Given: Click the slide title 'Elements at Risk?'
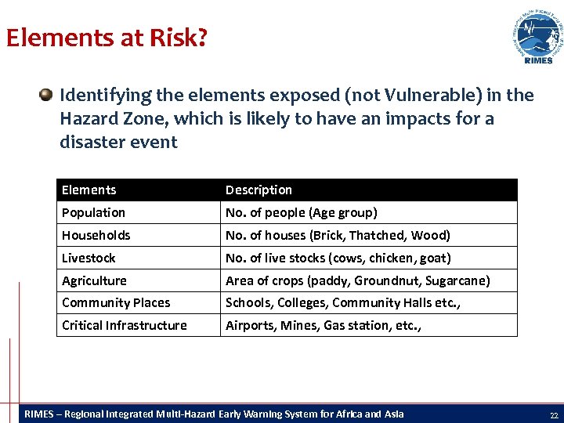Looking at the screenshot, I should [107, 38].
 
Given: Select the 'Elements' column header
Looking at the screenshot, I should [89, 190].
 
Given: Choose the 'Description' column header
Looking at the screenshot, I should [258, 190].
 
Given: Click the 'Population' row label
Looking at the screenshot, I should [93, 212].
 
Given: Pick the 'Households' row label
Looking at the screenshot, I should [96, 235].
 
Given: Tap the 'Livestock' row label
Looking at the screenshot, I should [89, 258].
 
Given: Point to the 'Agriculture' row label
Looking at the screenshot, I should [94, 280].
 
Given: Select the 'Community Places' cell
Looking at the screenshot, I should [116, 302].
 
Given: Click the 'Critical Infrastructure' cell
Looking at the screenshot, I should [124, 325].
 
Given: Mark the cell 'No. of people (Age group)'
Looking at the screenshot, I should [302, 212].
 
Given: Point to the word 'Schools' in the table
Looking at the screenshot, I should [248, 302].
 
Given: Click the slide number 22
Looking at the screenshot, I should [553, 414].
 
